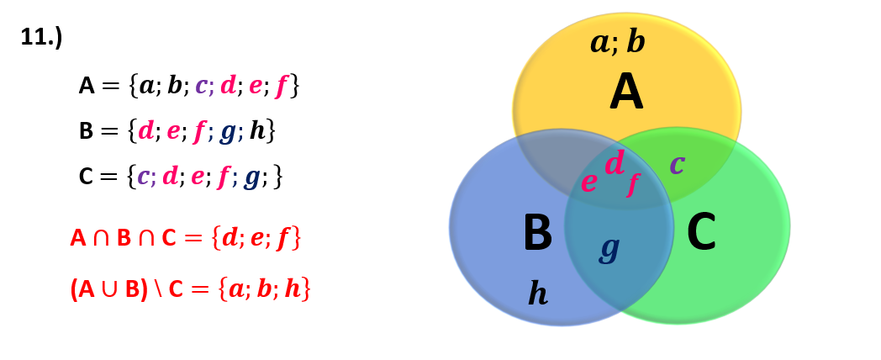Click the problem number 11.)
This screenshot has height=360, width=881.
pos(41,37)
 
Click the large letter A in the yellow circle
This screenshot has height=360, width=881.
pos(626,93)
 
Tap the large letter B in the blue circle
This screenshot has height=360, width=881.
pos(537,233)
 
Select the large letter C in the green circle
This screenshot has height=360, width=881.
pos(701,233)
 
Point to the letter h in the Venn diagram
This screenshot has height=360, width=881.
pos(538,293)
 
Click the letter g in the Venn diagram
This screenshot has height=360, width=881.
pos(609,247)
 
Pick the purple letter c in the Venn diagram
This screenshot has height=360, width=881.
pos(677,163)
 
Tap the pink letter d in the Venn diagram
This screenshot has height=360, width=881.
pos(615,163)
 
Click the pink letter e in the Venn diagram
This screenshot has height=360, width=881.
pos(588,182)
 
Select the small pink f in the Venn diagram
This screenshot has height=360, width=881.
pos(633,183)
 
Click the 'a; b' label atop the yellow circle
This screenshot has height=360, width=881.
pos(618,41)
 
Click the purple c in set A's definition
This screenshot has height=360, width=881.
pos(201,85)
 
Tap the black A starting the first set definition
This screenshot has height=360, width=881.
pos(87,86)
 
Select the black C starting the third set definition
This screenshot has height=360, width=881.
pos(86,177)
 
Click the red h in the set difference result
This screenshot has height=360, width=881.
pos(292,289)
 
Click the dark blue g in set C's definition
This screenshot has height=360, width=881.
pos(251,177)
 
